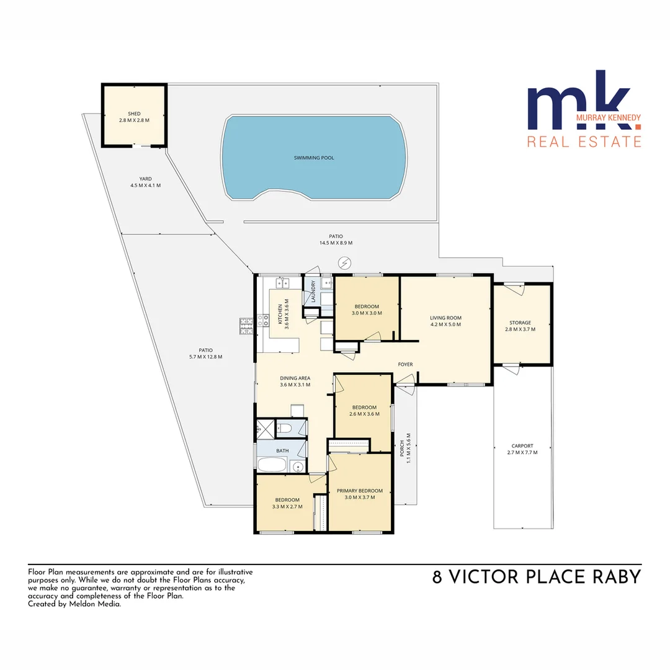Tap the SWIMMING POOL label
point(314,158)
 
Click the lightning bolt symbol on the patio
point(344,263)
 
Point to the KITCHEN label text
point(280,315)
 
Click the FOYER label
point(406,364)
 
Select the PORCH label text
point(402,448)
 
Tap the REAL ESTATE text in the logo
point(584,141)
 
